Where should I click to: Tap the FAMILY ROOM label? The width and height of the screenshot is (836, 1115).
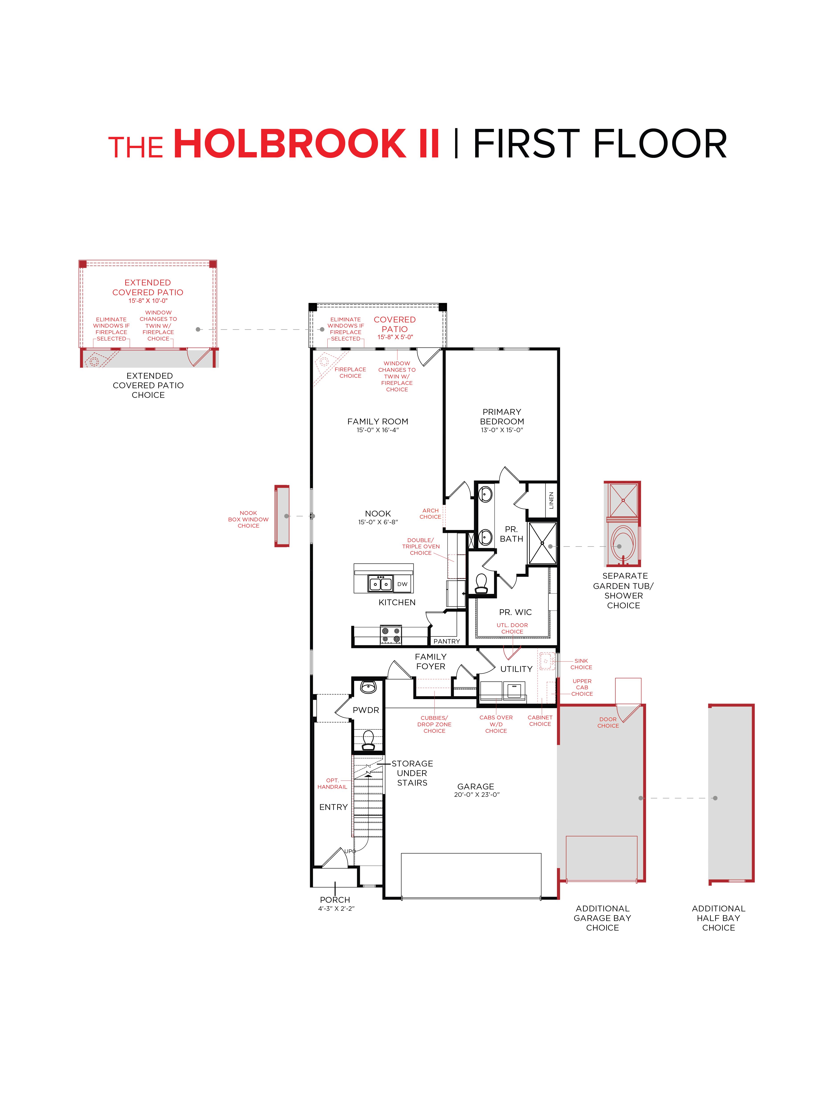[x=377, y=421]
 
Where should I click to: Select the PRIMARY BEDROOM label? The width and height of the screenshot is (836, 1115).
[x=502, y=416]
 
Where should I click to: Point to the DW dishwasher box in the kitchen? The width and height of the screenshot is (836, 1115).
[x=402, y=584]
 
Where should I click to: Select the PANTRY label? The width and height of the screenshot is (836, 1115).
[x=446, y=641]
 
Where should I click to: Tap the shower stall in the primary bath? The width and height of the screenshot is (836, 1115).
[x=543, y=543]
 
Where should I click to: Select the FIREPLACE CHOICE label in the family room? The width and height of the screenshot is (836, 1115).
[x=350, y=372]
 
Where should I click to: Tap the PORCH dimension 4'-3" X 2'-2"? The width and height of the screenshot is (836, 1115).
[x=336, y=908]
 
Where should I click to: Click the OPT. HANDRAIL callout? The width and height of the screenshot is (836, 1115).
[x=332, y=783]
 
